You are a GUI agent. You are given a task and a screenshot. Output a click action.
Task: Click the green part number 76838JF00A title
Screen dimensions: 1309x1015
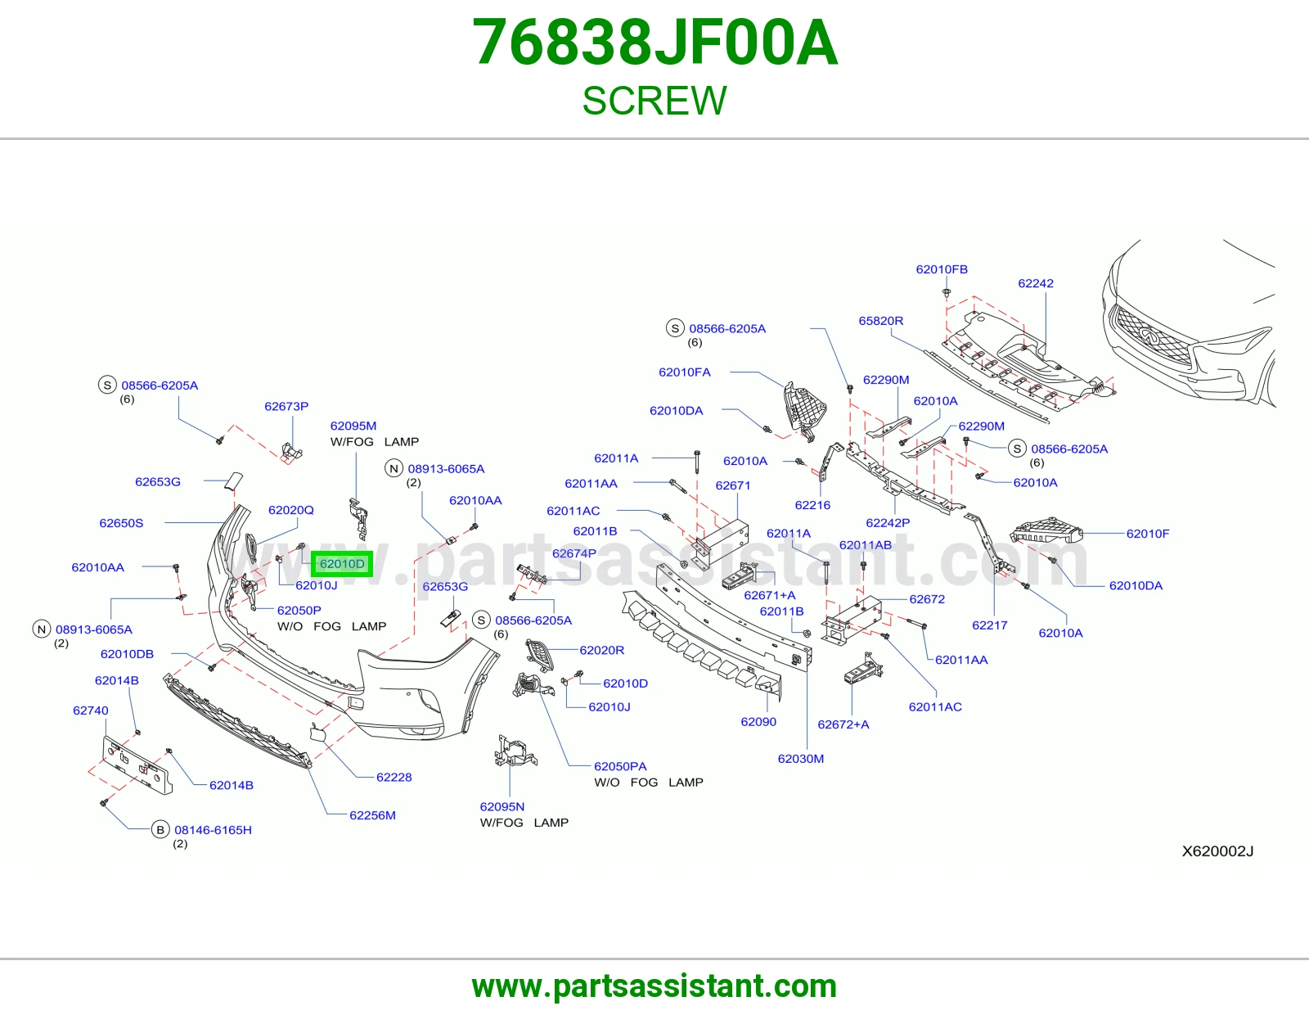tap(654, 43)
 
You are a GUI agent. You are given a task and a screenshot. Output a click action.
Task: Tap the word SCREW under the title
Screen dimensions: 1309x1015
tap(654, 101)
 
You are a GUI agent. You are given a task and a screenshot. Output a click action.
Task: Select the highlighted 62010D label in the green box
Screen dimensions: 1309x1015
tap(342, 564)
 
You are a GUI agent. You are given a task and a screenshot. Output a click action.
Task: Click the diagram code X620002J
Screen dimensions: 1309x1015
tap(1217, 851)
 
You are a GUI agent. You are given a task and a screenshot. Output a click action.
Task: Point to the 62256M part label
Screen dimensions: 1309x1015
tap(372, 815)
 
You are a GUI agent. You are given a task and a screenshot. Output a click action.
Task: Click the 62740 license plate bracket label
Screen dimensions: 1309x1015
tap(90, 710)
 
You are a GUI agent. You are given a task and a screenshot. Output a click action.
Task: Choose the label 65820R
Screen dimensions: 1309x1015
tap(880, 321)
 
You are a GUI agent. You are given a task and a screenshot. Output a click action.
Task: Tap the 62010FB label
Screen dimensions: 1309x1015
tap(942, 269)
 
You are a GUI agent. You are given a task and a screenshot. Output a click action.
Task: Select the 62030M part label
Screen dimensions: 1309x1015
tap(801, 759)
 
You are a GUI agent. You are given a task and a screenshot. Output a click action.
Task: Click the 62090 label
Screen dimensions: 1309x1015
tap(758, 722)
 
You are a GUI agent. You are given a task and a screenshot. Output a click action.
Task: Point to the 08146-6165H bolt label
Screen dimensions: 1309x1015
tap(214, 830)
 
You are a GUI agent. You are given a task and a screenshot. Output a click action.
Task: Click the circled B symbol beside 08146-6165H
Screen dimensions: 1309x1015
tap(160, 830)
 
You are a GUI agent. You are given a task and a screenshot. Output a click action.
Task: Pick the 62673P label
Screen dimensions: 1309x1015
tap(286, 406)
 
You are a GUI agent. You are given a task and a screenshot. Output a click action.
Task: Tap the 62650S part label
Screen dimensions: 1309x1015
tap(121, 523)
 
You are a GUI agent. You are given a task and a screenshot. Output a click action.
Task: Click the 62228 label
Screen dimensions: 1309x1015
tap(394, 778)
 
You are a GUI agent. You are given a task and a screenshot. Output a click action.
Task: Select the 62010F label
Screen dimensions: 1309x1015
tap(1148, 534)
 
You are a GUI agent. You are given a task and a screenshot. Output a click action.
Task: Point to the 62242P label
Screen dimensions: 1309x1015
tap(888, 523)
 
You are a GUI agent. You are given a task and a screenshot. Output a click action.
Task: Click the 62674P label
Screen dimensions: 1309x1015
tap(574, 553)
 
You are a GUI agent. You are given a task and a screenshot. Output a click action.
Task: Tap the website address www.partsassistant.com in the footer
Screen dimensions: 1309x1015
tap(654, 986)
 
